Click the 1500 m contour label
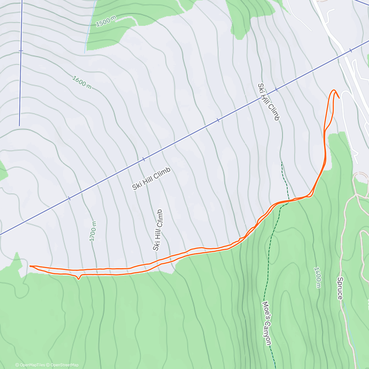pyautogui.click(x=106, y=21)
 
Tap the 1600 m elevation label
pyautogui.click(x=82, y=83)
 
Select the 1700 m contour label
pyautogui.click(x=93, y=231)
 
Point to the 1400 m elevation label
pyautogui.click(x=318, y=277)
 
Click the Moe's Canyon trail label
pyautogui.click(x=267, y=323)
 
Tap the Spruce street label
pyautogui.click(x=340, y=288)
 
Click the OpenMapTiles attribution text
pyautogui.click(x=30, y=365)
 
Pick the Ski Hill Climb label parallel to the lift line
pyautogui.click(x=151, y=179)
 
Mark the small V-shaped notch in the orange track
pyautogui.click(x=79, y=279)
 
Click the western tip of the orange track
pyautogui.click(x=30, y=266)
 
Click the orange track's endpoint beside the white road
pyautogui.click(x=339, y=98)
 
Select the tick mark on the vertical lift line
pyautogui.click(x=21, y=50)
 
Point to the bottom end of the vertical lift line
pyautogui.click(x=19, y=125)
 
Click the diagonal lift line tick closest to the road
pyautogui.click(x=350, y=51)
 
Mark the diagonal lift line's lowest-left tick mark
pyautogui.click(x=69, y=198)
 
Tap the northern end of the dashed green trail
pyautogui.click(x=281, y=162)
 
